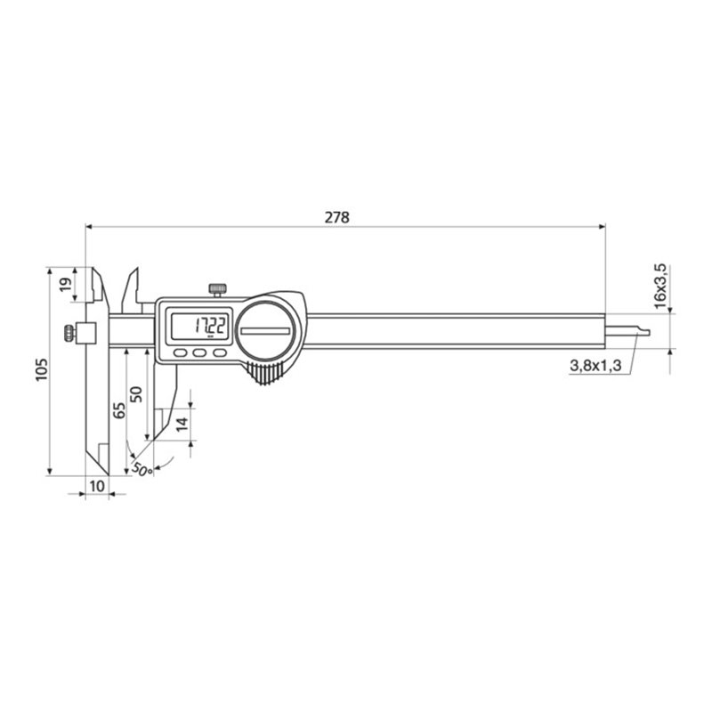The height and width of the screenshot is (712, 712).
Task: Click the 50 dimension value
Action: point(136,394)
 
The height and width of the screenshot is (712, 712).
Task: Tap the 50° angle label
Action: point(141,466)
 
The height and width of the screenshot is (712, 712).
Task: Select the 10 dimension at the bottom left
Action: point(97,485)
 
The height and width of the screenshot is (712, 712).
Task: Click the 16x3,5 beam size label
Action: point(659,285)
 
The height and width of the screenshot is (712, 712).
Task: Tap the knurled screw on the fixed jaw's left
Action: point(69,334)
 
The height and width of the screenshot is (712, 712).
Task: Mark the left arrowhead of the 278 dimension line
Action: point(90,227)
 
